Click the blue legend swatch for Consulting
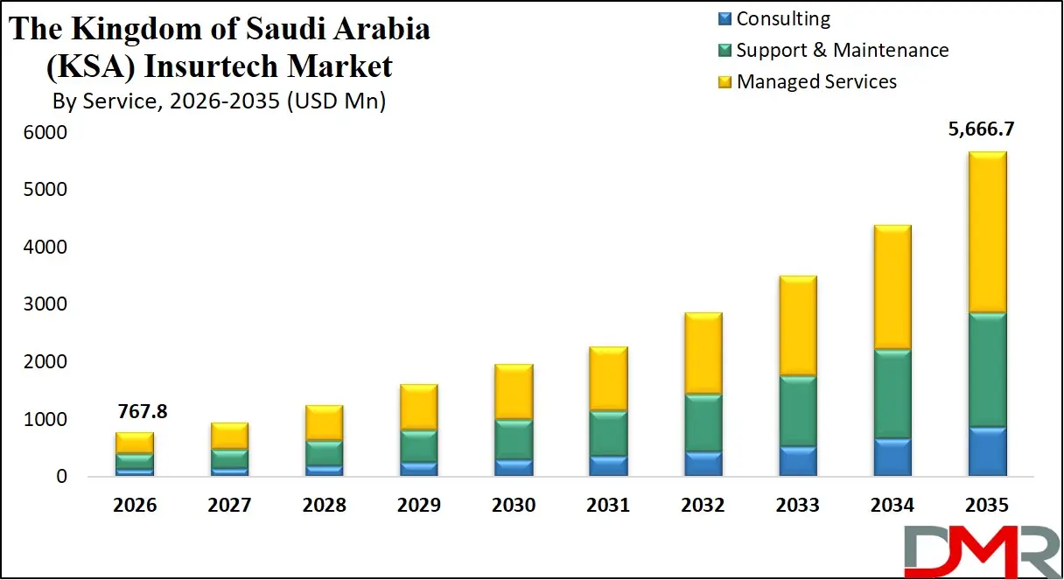tap(724, 19)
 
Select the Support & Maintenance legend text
tap(842, 51)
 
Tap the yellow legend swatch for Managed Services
tap(724, 82)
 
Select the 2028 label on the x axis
tap(325, 506)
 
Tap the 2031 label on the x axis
tap(608, 506)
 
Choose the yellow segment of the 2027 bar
tap(230, 436)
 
